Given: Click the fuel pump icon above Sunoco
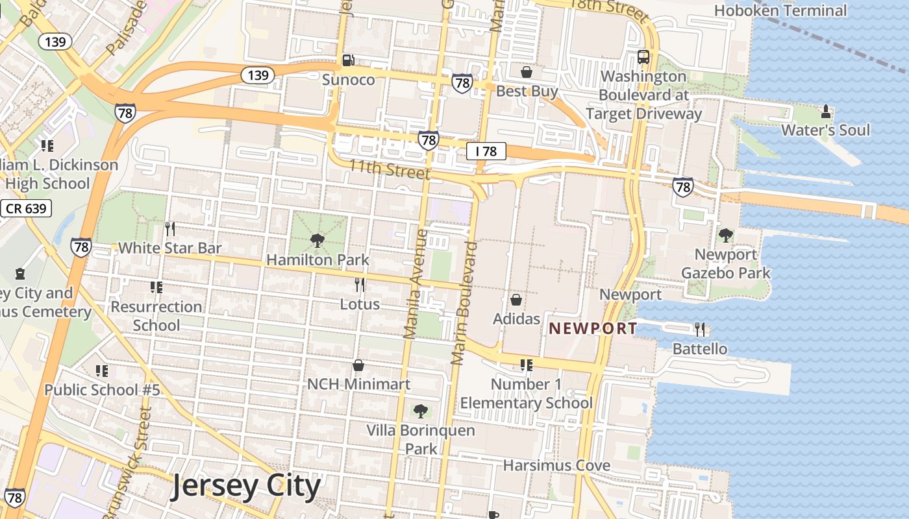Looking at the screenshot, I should click(349, 60).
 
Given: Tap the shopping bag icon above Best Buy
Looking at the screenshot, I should click(526, 71).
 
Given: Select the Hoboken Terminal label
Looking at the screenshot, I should click(780, 10).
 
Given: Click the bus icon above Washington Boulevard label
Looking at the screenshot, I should click(643, 56).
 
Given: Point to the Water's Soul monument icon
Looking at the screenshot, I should click(826, 111).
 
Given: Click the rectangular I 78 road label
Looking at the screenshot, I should click(486, 151).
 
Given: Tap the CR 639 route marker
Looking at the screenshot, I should click(26, 208).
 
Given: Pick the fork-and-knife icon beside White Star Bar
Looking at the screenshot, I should click(169, 228).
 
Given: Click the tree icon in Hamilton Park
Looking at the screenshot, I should click(318, 241).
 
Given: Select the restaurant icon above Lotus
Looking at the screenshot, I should click(360, 284).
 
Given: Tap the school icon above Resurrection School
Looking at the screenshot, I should click(156, 287).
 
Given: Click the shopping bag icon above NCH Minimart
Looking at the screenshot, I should click(358, 365).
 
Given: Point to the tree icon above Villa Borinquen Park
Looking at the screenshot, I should click(421, 411).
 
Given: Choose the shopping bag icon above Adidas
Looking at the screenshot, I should click(516, 300).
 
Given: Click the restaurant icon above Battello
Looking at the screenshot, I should click(699, 329).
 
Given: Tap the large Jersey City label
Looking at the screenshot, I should click(246, 487).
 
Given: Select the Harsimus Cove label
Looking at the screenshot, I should click(556, 465).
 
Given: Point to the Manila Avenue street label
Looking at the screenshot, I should click(416, 284).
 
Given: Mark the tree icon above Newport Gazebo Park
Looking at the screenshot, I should click(725, 235).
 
